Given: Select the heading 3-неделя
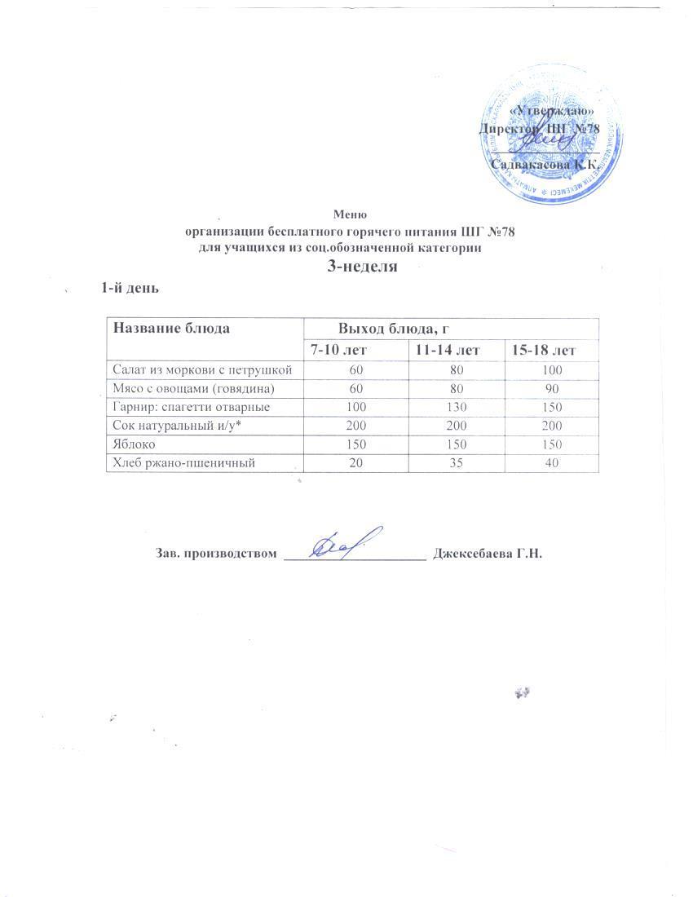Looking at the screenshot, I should [361, 266].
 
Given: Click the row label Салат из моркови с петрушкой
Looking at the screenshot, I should [202, 369].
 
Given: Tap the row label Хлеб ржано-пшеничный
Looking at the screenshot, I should [179, 464].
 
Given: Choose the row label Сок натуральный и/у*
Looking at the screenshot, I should [172, 426].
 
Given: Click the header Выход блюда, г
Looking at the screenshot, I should [395, 329].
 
